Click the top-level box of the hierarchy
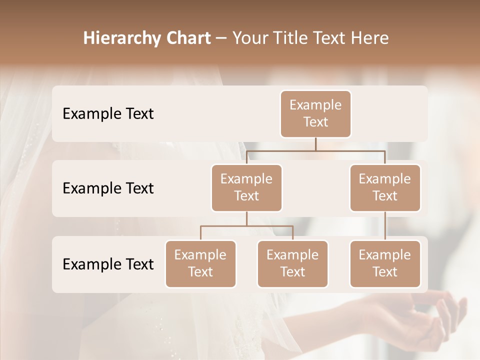click(x=315, y=114)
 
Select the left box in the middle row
click(x=246, y=187)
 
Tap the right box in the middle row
click(x=385, y=187)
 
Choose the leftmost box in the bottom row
click(x=200, y=263)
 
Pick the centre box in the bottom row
click(x=292, y=263)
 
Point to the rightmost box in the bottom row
click(x=385, y=263)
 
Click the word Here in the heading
click(x=370, y=38)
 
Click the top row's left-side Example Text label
click(x=108, y=114)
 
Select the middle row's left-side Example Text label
click(x=108, y=188)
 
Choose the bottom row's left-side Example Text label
click(x=108, y=264)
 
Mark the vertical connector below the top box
click(x=315, y=144)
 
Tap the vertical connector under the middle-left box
click(x=246, y=218)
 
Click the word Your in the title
click(x=249, y=38)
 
